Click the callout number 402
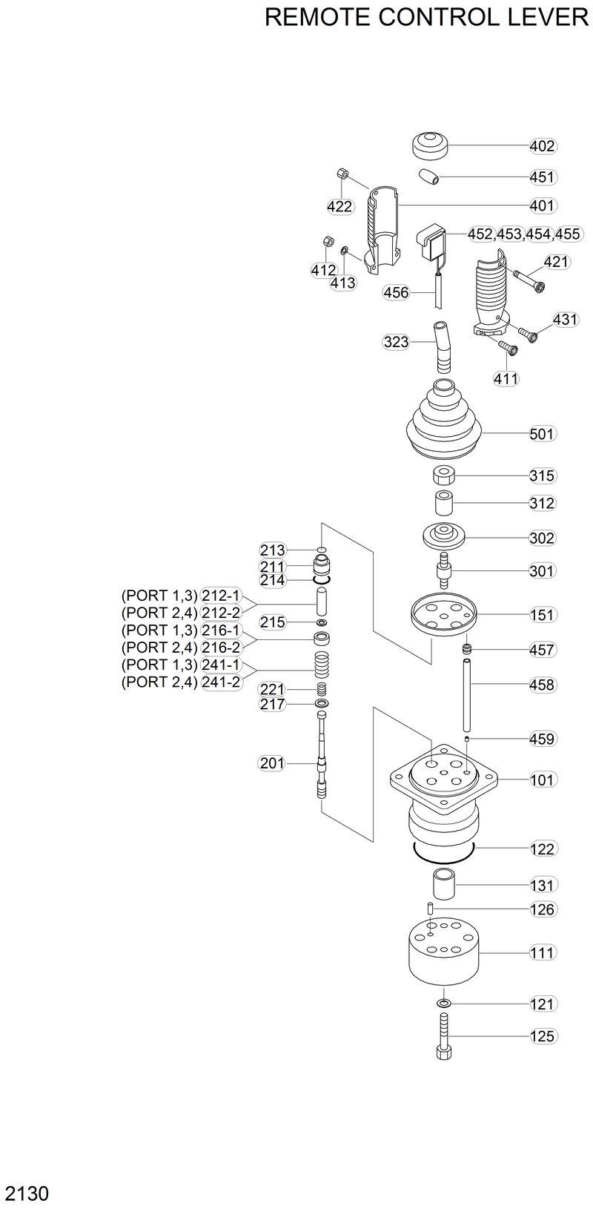click(x=543, y=146)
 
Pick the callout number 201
click(x=271, y=763)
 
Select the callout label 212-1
click(x=221, y=595)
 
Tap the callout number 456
click(x=396, y=292)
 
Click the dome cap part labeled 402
click(x=431, y=144)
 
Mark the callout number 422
click(x=339, y=206)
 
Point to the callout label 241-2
click(x=221, y=682)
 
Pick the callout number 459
click(x=543, y=739)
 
